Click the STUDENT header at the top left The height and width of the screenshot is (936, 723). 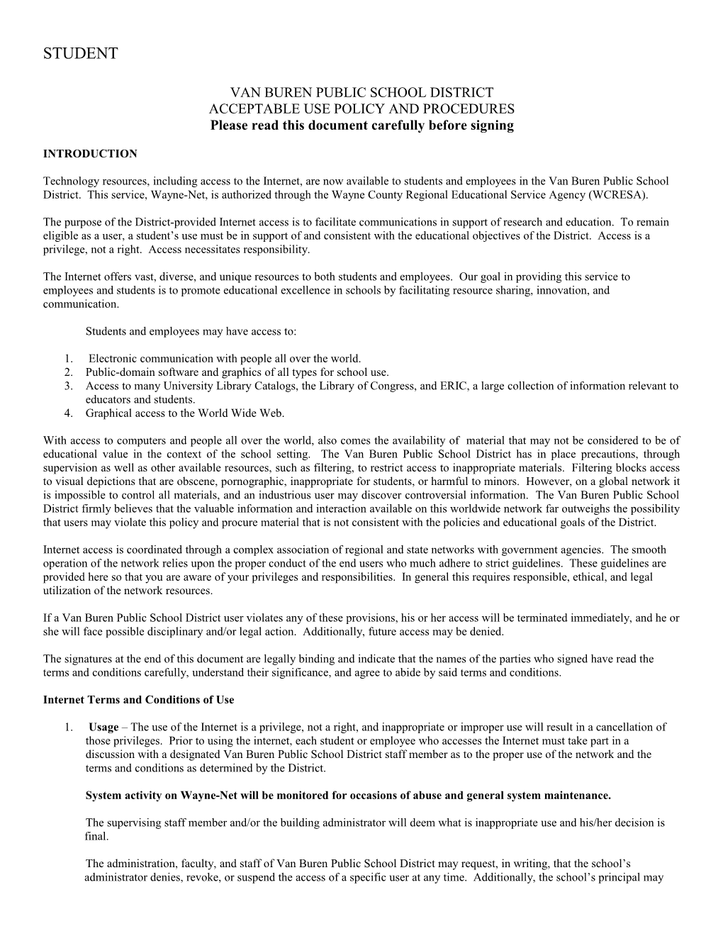point(80,54)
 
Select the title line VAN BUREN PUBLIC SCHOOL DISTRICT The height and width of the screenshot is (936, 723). point(361,92)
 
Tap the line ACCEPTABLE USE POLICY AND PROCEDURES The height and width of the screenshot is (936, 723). point(361,109)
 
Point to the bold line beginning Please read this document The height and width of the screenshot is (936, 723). point(361,126)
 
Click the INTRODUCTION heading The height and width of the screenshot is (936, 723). point(90,154)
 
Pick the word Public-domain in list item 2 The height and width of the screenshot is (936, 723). point(116,372)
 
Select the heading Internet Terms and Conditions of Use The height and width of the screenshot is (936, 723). point(138,700)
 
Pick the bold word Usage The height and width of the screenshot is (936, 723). point(103,728)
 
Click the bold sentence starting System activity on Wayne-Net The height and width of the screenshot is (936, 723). point(347,796)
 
